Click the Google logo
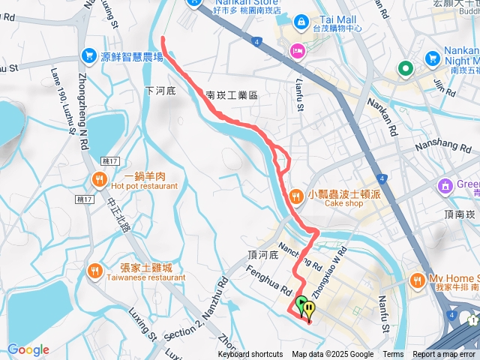[28, 349]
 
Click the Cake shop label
[343, 203]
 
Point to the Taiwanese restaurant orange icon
[95, 271]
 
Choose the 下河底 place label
[160, 91]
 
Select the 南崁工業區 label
[232, 95]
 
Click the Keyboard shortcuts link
[250, 355]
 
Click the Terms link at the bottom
[393, 355]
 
